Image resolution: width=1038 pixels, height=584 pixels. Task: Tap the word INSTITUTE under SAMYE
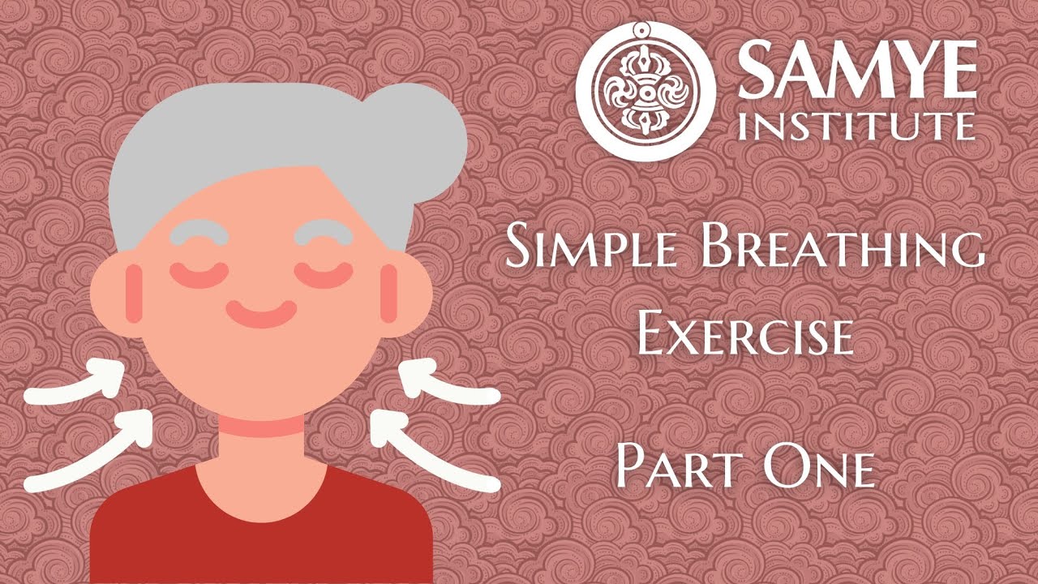[856, 127]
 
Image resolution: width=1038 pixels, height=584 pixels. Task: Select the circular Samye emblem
[646, 91]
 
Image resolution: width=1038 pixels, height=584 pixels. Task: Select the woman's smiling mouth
[261, 312]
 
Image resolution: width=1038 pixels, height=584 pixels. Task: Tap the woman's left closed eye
[195, 274]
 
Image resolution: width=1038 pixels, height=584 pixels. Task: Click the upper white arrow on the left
[77, 388]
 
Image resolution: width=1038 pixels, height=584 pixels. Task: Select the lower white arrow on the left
[89, 454]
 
